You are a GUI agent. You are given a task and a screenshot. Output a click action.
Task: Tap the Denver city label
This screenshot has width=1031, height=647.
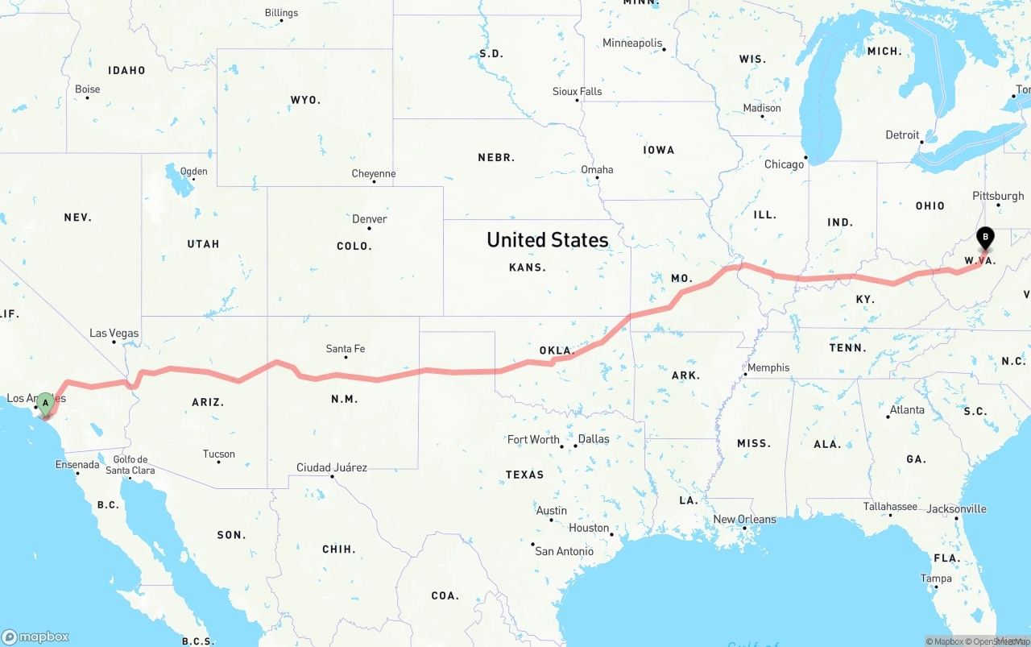tap(369, 219)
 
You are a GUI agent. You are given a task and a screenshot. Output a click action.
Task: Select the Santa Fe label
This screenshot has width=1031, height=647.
tap(346, 349)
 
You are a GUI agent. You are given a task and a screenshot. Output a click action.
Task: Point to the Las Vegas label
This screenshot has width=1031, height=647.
tap(114, 333)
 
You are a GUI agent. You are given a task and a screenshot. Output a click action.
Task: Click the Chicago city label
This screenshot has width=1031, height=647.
tap(784, 164)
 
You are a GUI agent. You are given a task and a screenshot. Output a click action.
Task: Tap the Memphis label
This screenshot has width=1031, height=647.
tap(768, 367)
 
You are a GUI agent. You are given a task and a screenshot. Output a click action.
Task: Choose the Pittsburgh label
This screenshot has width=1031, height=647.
tap(998, 196)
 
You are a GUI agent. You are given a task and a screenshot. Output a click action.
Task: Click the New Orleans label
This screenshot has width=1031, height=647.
tap(745, 519)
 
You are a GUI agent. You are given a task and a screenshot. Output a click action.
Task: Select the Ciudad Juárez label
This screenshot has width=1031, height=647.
tap(332, 467)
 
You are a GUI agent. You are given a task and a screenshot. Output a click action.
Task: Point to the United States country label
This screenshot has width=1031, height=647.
tap(548, 239)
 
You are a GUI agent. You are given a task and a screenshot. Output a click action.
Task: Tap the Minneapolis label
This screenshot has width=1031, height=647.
tap(632, 43)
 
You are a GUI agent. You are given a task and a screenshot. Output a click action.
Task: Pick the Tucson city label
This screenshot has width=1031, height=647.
tap(219, 454)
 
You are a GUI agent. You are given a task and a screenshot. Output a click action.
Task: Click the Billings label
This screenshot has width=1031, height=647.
tap(281, 13)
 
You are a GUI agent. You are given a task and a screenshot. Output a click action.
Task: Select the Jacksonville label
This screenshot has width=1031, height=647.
tap(956, 508)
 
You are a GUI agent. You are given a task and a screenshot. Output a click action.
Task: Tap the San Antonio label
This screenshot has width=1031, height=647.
tap(564, 551)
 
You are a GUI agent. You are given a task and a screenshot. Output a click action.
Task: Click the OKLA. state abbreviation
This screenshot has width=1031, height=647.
tap(557, 350)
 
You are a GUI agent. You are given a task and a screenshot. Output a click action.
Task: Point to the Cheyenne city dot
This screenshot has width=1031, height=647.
tap(374, 181)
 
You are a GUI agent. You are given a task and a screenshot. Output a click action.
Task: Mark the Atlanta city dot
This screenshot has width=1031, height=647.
tap(888, 417)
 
